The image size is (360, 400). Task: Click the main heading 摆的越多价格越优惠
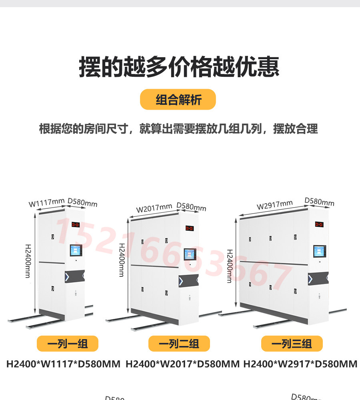[179, 67]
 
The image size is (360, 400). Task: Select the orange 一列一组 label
[68, 344]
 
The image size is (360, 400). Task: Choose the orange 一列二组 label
[179, 344]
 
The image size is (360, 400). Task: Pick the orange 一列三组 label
[292, 344]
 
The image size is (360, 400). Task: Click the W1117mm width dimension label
[46, 203]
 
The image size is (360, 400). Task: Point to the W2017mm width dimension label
[154, 208]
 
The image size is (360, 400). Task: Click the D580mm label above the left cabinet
[82, 202]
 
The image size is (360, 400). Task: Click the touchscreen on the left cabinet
[76, 250]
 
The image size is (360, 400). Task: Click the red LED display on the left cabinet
[76, 224]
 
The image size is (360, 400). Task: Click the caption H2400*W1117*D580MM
[63, 364]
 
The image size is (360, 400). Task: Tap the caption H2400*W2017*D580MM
[182, 364]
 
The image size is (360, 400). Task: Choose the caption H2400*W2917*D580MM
[300, 364]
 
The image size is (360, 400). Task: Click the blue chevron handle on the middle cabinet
[181, 280]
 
